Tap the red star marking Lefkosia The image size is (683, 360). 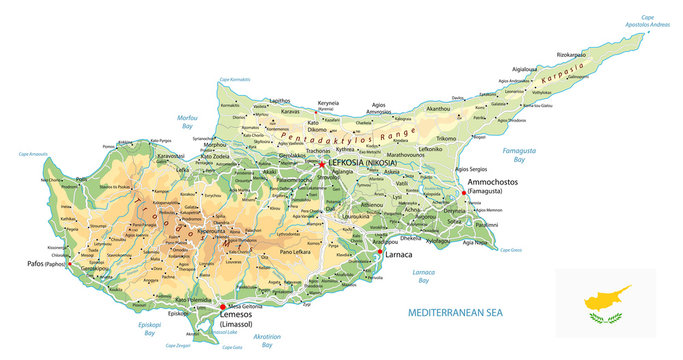click(321, 164)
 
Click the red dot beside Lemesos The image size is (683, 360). click(222, 307)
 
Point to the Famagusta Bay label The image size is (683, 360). click(512, 154)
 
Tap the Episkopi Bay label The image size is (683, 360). click(149, 330)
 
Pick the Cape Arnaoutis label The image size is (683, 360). click(33, 154)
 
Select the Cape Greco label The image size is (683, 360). click(511, 249)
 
